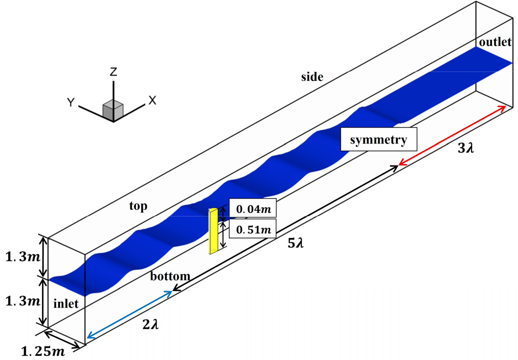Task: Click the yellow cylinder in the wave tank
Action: [x=213, y=231]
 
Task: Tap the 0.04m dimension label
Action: [x=253, y=209]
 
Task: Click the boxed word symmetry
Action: [x=378, y=139]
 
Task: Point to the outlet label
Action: [x=495, y=42]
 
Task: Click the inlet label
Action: [x=66, y=303]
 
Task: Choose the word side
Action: [x=312, y=76]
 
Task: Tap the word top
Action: [x=138, y=206]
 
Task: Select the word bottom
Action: [x=170, y=276]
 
